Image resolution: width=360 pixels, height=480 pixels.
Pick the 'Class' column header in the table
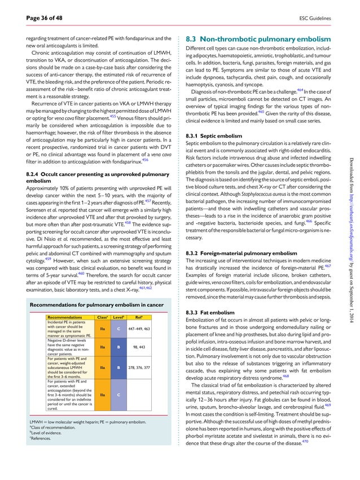coord(103,318)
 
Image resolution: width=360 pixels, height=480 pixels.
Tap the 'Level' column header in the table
coord(119,318)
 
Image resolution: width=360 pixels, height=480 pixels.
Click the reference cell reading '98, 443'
coord(139,347)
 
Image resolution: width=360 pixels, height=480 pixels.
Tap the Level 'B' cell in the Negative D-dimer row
coord(118,347)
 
